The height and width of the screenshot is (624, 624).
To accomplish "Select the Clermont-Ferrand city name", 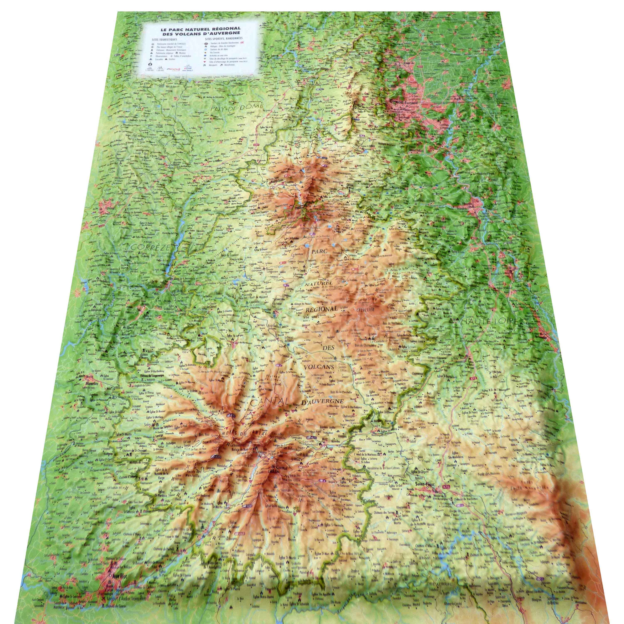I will [x=404, y=102].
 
